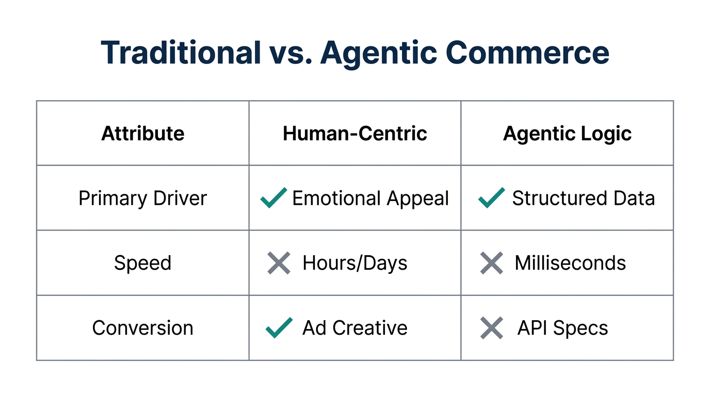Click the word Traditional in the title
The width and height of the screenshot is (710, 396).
(181, 52)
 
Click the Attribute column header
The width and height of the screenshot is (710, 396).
(143, 134)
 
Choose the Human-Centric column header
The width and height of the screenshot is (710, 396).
(355, 134)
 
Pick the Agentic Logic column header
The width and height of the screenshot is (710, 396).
(567, 134)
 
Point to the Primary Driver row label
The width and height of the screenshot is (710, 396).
(143, 199)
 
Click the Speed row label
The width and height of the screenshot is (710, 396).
(143, 263)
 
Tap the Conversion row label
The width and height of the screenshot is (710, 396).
(143, 328)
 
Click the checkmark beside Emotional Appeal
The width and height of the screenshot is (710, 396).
(273, 198)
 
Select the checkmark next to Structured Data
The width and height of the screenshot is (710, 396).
(492, 198)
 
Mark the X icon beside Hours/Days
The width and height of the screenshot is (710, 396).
(279, 263)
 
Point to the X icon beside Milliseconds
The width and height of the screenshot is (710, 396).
(492, 263)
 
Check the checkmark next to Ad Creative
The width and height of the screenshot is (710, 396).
(279, 327)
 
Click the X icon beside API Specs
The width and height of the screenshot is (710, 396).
(492, 328)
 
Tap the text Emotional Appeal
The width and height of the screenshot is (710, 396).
(370, 199)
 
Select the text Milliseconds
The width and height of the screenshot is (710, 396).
(570, 263)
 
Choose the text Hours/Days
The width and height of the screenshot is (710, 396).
(355, 263)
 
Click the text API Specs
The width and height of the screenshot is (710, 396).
(562, 328)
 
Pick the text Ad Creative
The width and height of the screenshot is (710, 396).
(355, 328)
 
